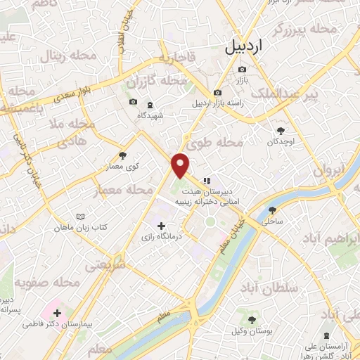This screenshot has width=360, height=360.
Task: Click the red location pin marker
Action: coord(181,165)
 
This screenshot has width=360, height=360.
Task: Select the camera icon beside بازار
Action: coord(242,69)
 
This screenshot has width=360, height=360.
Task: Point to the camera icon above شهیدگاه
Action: coord(133,103)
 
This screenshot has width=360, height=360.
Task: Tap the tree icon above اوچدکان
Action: coord(282,130)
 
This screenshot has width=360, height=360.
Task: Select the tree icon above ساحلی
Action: coord(272,210)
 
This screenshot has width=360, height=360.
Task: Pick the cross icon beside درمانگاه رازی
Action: coord(162,226)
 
